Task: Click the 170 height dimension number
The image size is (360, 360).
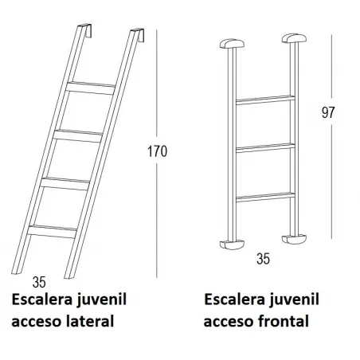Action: click(x=158, y=152)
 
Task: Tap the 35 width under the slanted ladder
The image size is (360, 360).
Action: click(x=40, y=281)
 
